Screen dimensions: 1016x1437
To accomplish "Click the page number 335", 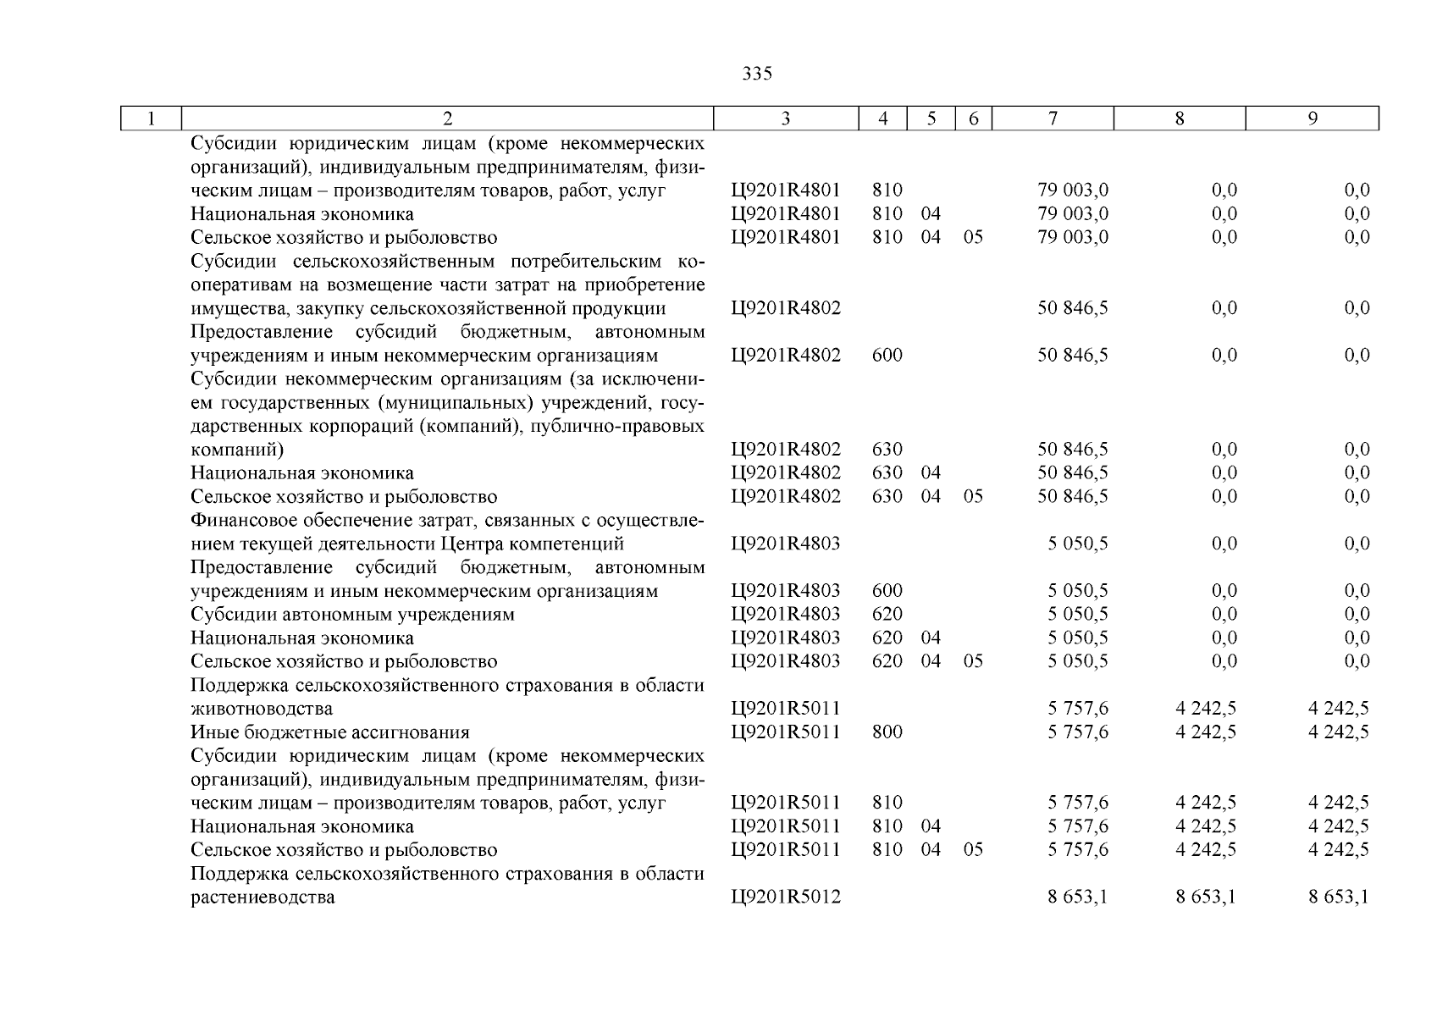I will click(x=756, y=74).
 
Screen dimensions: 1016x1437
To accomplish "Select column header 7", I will click(x=1052, y=119).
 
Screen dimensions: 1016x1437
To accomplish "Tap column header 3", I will click(x=785, y=119).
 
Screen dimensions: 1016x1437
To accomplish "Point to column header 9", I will click(x=1312, y=119).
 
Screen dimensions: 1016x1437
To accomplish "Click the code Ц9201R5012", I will click(x=786, y=897).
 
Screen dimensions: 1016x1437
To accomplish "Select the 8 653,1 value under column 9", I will click(x=1338, y=897).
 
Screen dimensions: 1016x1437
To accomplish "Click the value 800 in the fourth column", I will click(x=887, y=732).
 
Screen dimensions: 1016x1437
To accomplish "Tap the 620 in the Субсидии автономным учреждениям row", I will click(x=887, y=615).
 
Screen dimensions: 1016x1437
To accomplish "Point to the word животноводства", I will click(x=261, y=709).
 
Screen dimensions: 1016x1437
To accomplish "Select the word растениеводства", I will click(x=263, y=897).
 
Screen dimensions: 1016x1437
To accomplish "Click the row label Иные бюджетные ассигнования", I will click(x=329, y=732).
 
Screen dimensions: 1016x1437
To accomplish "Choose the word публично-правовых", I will click(x=616, y=426).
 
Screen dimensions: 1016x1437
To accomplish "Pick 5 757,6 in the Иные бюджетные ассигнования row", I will click(x=1077, y=732).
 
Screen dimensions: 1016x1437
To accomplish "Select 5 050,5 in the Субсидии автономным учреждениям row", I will click(x=1077, y=615).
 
